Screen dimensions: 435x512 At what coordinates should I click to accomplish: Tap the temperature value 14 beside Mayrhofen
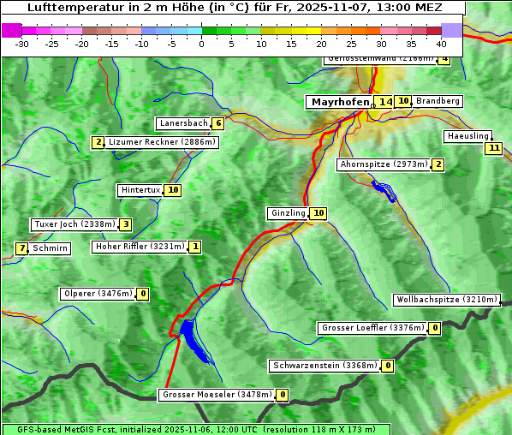coord(385,102)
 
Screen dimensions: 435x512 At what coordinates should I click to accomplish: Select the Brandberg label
coord(438,101)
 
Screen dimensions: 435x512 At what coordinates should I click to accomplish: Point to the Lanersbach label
coord(183,123)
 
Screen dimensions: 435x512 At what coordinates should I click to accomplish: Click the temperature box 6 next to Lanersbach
coord(218,123)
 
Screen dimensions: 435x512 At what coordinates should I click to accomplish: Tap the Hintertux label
coord(140,190)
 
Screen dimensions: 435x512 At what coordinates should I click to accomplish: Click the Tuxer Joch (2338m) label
coord(74,224)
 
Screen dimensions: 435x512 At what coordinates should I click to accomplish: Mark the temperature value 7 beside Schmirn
coord(21,248)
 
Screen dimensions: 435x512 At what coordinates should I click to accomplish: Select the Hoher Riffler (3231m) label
coord(139,247)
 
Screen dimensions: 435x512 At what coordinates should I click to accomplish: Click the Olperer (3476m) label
coord(98,294)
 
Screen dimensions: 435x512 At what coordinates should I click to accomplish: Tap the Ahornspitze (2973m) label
coord(384,164)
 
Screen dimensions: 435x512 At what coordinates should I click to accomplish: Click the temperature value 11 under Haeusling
coord(492,148)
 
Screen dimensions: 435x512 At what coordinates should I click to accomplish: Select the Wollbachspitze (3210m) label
coord(446,300)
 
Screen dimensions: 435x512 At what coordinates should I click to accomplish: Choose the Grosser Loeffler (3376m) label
coord(372,328)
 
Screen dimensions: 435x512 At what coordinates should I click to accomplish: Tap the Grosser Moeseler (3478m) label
coord(217,395)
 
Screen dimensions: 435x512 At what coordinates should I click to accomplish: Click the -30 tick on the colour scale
coord(22,44)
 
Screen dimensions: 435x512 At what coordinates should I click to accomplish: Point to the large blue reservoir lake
coord(192,337)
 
